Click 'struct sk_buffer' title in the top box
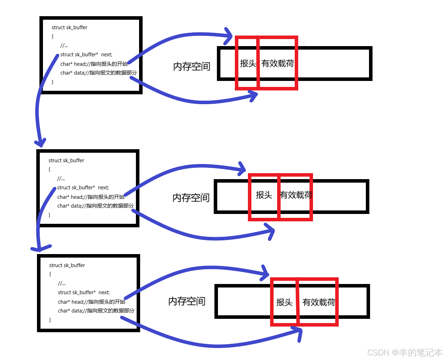click(69, 27)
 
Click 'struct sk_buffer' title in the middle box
click(66, 160)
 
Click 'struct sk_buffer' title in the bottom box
click(67, 265)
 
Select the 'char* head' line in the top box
click(94, 64)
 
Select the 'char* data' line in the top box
click(98, 73)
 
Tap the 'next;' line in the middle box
click(83, 188)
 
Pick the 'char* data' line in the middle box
click(95, 206)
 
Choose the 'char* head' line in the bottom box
click(91, 302)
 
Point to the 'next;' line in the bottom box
click(84, 292)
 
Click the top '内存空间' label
click(192, 67)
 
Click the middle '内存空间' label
click(191, 198)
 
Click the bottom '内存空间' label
click(187, 301)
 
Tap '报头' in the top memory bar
click(248, 63)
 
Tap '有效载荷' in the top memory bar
click(277, 63)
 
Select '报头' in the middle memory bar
click(264, 195)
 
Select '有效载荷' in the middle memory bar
click(296, 195)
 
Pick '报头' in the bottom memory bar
click(284, 302)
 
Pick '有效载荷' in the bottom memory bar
click(318, 302)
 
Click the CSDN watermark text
click(405, 352)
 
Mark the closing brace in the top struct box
click(53, 82)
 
